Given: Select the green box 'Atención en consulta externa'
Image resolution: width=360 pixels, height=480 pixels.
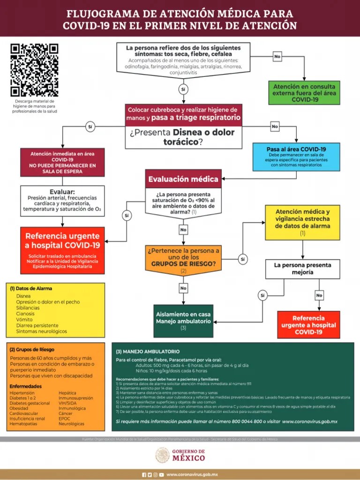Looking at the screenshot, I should pos(305,93).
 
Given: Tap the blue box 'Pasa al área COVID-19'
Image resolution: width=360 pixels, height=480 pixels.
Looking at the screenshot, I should pos(296,157).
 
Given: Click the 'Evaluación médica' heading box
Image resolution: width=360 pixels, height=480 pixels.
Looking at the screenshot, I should pos(183,179).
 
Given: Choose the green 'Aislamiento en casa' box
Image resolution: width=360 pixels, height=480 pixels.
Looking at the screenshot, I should pos(183,321).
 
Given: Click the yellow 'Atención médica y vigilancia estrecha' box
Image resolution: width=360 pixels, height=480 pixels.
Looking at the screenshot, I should pos(302,222).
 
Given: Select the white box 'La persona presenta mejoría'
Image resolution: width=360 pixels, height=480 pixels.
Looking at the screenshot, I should pos(302,269).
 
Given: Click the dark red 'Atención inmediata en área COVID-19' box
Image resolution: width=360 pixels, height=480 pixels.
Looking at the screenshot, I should pos(62,162).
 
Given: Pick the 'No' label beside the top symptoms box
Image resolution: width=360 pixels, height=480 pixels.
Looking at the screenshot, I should pos(277,57).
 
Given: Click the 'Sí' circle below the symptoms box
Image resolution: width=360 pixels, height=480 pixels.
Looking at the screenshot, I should pos(183,89).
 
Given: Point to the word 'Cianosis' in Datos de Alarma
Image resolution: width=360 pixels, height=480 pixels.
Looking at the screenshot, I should pos(25,314).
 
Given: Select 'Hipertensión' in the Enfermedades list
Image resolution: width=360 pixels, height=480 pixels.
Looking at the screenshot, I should pos(22,393).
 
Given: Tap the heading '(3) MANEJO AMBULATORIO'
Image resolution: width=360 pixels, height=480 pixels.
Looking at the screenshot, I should pos(148,351).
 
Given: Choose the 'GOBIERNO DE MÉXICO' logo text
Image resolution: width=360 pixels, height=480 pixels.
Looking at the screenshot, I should pos(188,455).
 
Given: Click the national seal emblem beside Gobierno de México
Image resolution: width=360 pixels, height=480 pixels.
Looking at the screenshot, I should pos(163,455).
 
